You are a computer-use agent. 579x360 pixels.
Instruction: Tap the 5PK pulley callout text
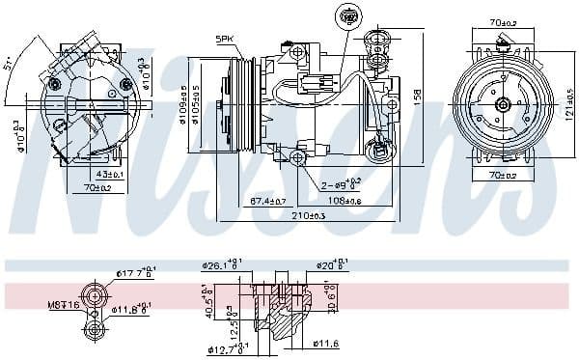point(225,39)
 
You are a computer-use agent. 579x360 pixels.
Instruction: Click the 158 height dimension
point(418,97)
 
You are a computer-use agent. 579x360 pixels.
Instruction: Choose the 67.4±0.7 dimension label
point(267,201)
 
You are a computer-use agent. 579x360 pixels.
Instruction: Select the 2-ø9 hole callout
point(340,183)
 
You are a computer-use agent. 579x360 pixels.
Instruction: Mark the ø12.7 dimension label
point(224,348)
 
